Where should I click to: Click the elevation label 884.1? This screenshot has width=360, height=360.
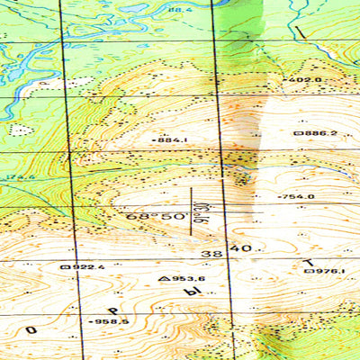172,140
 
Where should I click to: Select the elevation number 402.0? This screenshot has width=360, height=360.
306,80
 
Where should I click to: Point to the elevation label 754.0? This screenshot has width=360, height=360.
298,196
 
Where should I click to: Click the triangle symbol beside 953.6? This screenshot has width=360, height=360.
163,279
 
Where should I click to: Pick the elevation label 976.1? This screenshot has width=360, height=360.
329,270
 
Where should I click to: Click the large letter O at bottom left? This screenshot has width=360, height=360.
31,330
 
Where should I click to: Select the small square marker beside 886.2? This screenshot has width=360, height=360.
298,133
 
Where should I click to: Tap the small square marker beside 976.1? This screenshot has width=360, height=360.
308,270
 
